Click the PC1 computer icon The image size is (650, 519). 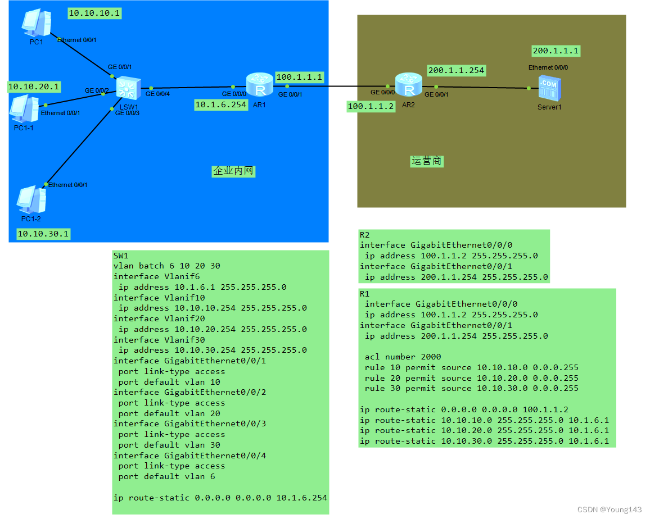[x=36, y=23]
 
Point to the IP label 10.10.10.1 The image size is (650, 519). [x=94, y=13]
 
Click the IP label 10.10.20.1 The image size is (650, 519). [x=34, y=86]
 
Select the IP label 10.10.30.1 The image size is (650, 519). [x=43, y=234]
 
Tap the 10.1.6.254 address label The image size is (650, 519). [x=220, y=104]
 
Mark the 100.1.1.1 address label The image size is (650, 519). [x=299, y=77]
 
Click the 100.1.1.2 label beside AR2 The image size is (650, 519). [x=371, y=106]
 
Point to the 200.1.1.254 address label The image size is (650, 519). [x=455, y=70]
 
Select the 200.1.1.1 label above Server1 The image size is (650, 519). [x=556, y=51]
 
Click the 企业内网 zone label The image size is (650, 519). [x=233, y=171]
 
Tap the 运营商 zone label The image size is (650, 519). [x=427, y=161]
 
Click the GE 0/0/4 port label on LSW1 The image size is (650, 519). [x=157, y=94]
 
